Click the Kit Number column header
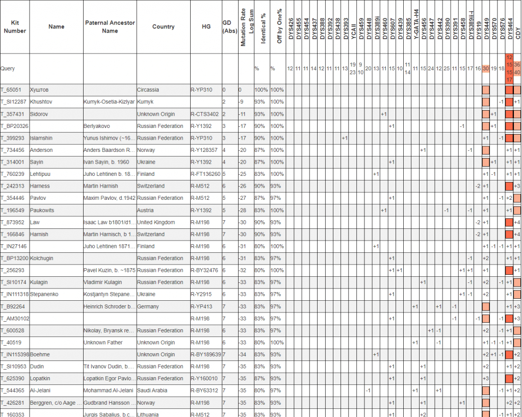click(x=15, y=27)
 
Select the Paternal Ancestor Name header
click(x=110, y=27)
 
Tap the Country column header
click(x=163, y=27)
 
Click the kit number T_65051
click(x=11, y=90)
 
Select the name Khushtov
click(x=41, y=102)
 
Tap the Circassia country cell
click(x=148, y=90)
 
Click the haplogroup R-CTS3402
click(x=204, y=114)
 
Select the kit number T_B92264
click(x=13, y=306)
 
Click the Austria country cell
click(x=145, y=210)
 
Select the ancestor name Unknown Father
click(x=103, y=343)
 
